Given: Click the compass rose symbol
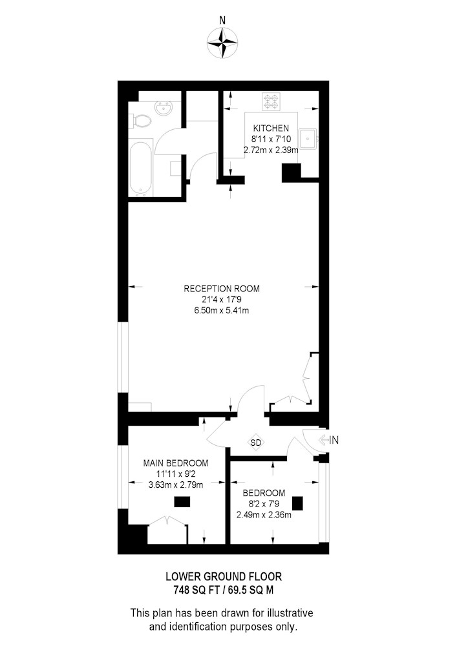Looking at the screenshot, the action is tap(222, 43).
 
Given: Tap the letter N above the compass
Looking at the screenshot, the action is tap(222, 20).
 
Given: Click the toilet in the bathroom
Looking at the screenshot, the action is tap(142, 121).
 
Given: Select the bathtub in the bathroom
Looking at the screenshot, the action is tap(141, 169).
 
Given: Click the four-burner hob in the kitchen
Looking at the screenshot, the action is tap(271, 101).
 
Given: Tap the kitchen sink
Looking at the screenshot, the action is tap(308, 138).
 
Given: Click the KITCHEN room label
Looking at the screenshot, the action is tap(271, 128).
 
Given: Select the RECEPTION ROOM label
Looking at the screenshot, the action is tap(222, 288).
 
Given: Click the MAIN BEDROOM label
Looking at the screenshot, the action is tap(176, 463).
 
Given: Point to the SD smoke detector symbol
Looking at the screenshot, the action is tap(255, 443).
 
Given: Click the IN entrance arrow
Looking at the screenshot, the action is tap(328, 440).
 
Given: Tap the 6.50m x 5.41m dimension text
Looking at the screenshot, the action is tap(222, 310).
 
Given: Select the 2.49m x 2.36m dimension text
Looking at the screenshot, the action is tap(264, 515).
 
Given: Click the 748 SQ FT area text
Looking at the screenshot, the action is tap(193, 590).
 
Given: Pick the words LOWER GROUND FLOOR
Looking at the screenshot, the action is tap(224, 576).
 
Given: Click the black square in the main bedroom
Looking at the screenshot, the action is tap(182, 502).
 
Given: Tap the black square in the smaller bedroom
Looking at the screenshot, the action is tap(297, 504).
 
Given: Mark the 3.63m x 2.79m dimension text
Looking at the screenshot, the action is tap(176, 485).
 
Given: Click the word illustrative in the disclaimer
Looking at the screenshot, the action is tap(290, 612).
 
